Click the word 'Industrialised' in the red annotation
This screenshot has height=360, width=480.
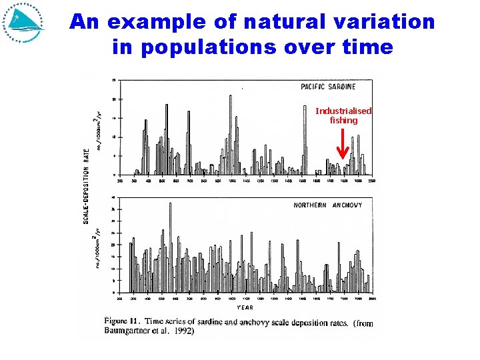(x=343, y=111)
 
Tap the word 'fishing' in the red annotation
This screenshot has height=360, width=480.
(x=343, y=121)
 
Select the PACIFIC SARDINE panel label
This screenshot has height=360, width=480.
(x=328, y=87)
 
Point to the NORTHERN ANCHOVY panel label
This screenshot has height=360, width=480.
(x=327, y=205)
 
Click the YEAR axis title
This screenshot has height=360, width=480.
(x=245, y=307)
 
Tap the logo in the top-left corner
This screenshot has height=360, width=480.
(x=23, y=23)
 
